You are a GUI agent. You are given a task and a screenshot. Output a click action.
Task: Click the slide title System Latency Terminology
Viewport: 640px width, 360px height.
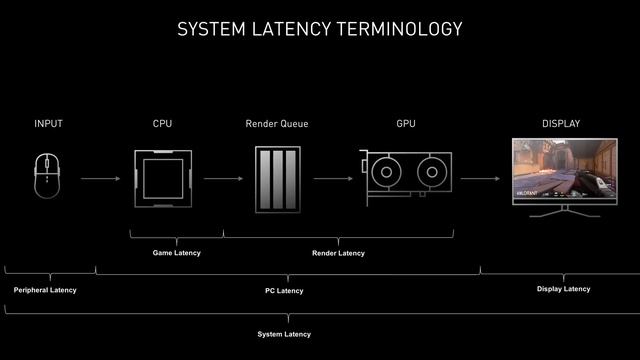coord(320,29)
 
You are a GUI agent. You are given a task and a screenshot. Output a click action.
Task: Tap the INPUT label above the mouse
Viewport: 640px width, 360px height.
coord(48,124)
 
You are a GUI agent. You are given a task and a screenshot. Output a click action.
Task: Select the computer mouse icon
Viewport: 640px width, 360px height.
coord(48,177)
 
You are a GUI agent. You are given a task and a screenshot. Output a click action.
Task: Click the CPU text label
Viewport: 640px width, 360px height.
coord(162,124)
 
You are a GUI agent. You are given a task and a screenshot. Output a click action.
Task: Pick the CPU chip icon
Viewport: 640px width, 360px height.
coord(162,178)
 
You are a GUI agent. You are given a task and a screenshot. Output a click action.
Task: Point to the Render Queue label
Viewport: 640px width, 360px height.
coord(277,124)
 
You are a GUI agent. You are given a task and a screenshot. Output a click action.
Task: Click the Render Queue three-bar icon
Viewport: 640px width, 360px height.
coord(277,179)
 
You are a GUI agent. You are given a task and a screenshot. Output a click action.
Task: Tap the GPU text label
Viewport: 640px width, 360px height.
coord(406,124)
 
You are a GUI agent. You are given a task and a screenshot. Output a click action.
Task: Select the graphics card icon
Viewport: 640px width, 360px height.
coord(406,179)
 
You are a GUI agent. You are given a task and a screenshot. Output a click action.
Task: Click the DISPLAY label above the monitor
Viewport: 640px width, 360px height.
coord(561,124)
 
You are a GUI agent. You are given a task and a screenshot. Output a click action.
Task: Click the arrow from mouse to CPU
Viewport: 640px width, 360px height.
coord(100,179)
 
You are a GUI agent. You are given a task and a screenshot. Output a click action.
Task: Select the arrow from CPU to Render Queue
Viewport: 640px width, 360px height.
coord(222,179)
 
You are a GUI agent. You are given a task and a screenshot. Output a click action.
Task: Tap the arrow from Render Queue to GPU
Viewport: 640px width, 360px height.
coord(333,179)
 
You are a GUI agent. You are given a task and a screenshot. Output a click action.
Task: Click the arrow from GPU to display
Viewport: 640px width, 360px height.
coord(481,179)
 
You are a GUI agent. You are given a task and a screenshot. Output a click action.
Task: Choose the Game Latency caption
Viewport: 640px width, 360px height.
coord(176,253)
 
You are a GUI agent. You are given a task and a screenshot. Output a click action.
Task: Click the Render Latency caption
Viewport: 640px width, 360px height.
coord(338,253)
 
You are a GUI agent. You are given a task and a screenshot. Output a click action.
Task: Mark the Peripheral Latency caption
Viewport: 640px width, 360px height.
coord(45,290)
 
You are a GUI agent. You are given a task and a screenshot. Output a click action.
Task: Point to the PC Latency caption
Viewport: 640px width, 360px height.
coord(284,291)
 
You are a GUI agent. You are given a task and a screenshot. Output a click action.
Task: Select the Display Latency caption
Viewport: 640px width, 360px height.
coord(564,289)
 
